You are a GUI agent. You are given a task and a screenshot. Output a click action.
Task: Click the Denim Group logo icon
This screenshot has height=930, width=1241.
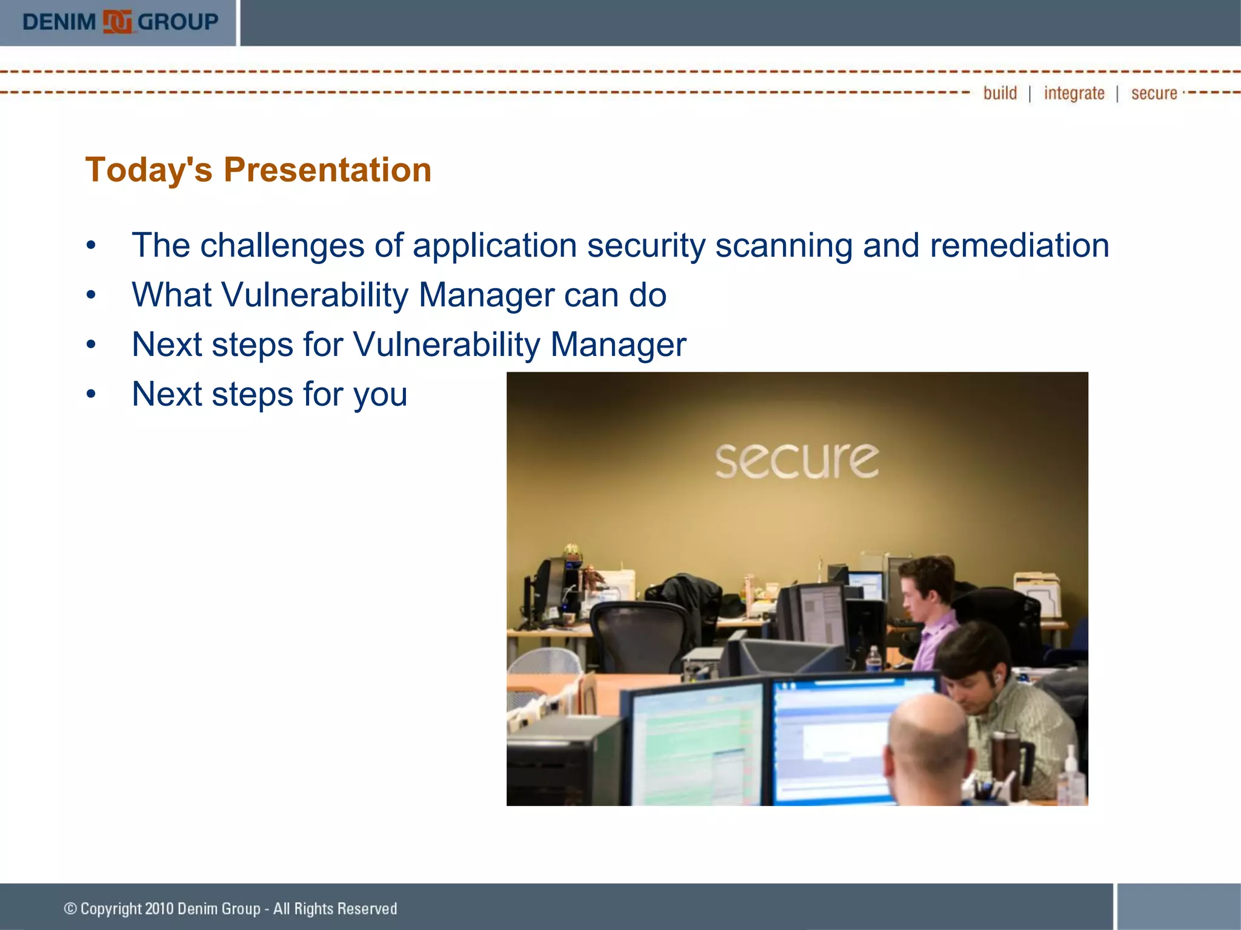[x=117, y=22]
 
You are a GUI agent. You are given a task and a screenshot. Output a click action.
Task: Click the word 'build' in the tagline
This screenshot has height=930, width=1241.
[x=1000, y=93]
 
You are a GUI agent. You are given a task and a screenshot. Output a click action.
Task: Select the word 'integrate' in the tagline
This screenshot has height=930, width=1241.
[x=1074, y=93]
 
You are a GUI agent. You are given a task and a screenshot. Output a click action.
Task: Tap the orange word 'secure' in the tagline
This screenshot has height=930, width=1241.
[x=1154, y=93]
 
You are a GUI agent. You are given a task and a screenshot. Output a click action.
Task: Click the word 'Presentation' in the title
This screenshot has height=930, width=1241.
[x=327, y=170]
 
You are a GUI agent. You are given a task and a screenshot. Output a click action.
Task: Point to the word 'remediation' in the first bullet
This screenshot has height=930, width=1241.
[x=1019, y=246]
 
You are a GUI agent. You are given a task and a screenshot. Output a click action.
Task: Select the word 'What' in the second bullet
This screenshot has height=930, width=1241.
[x=171, y=295]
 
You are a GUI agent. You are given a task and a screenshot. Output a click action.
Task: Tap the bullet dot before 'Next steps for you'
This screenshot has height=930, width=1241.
[x=91, y=394]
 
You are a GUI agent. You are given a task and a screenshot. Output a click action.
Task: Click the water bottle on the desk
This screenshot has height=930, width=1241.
[x=873, y=660]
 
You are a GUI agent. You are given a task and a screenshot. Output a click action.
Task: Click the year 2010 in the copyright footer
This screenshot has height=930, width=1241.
[x=159, y=909]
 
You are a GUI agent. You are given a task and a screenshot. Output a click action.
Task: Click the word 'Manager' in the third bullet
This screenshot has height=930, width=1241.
[x=618, y=345]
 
